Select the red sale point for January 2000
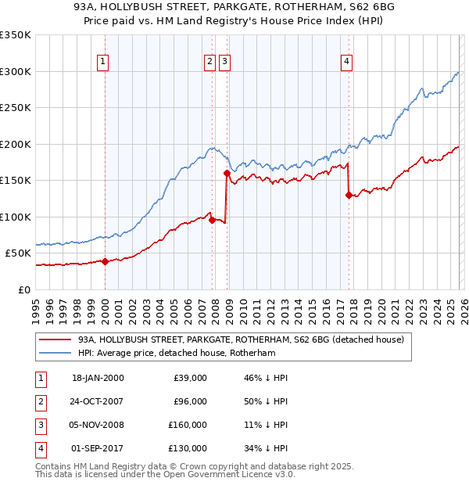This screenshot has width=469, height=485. tap(105, 261)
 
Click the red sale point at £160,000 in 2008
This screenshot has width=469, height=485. tap(227, 173)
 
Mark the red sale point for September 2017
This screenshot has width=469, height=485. tap(349, 195)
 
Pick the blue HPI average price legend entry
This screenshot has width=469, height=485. tap(188, 354)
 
